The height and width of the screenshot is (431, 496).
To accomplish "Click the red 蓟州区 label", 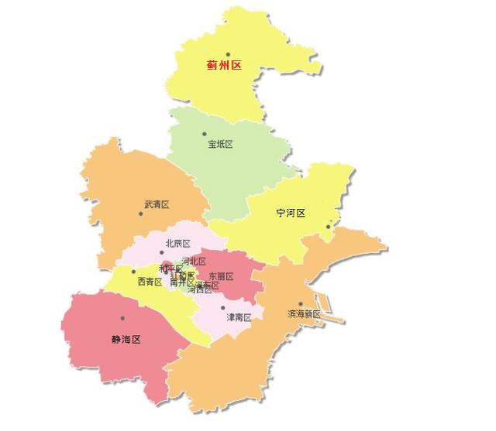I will click(224, 66).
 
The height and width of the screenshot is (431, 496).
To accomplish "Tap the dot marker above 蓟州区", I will click(228, 54).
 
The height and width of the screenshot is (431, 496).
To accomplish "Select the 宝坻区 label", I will click(220, 144).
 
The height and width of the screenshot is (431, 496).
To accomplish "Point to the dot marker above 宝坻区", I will click(205, 134).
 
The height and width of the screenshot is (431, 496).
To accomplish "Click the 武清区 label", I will click(157, 205).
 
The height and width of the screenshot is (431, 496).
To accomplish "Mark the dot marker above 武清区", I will click(139, 195).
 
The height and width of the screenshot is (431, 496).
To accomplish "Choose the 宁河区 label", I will click(291, 213).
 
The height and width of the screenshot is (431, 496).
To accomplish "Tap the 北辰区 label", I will click(177, 244).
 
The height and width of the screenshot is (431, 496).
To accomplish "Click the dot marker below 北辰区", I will click(162, 252).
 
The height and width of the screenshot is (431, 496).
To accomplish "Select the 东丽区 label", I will click(221, 276).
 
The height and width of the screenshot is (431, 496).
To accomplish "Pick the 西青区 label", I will click(150, 282).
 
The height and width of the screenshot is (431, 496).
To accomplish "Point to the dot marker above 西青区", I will click(133, 272).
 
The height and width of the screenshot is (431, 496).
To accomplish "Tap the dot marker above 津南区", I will click(223, 307).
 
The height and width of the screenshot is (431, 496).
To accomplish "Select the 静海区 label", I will click(126, 339).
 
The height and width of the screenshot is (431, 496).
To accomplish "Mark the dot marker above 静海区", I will click(122, 318).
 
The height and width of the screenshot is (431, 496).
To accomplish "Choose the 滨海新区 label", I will click(304, 314).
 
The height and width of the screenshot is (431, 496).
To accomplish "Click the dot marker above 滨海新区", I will click(301, 304).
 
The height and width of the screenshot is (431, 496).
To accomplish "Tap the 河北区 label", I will click(193, 261).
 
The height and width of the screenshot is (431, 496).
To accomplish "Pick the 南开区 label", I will click(182, 283).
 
